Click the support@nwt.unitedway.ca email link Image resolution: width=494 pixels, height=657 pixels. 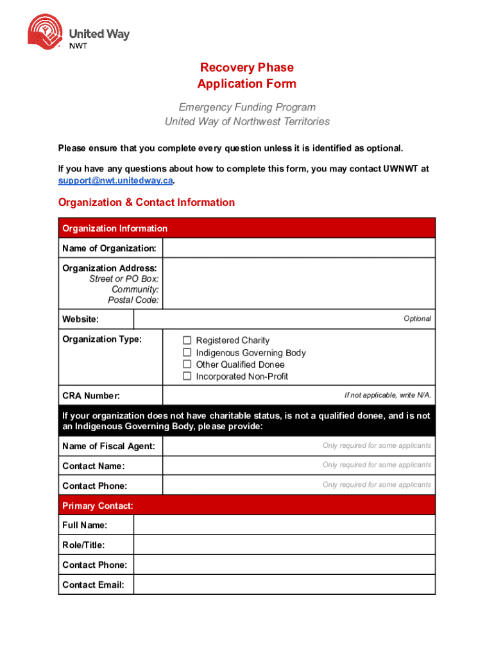coord(115,180)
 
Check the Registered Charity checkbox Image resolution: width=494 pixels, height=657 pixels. coord(187,340)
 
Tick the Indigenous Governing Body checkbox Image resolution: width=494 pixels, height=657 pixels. coord(187,352)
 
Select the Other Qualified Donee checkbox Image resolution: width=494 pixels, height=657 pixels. coord(187,364)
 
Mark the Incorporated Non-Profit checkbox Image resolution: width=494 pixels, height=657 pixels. coord(187,376)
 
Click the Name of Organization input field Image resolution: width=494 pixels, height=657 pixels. coord(298,248)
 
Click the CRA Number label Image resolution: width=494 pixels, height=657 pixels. coord(90,396)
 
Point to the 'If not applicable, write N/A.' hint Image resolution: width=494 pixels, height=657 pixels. coord(388,395)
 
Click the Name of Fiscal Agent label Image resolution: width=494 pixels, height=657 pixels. coord(108,446)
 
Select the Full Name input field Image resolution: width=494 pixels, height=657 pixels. coord(284,525)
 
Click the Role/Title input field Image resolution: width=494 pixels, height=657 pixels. coord(284,545)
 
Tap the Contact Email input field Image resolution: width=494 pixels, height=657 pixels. coord(284,584)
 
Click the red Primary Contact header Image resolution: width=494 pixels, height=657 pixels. coord(98,506)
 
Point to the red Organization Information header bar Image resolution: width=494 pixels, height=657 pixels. coord(246,228)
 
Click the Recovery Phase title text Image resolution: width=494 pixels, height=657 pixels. coord(246,67)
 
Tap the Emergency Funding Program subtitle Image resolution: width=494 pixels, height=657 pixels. coord(246,107)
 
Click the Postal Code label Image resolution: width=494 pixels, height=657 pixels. coord(133,300)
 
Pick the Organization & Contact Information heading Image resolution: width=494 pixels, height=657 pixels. coord(146,203)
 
